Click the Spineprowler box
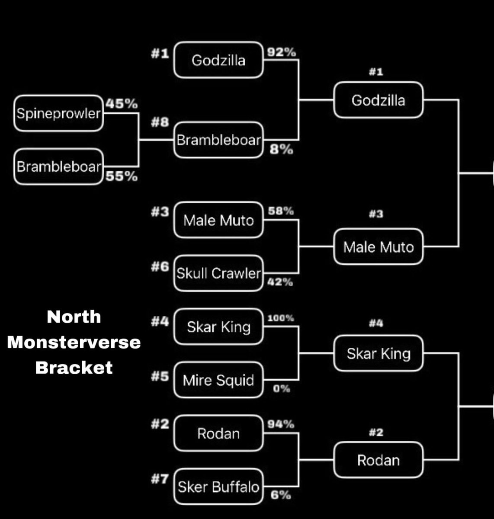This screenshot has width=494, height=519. coord(58,113)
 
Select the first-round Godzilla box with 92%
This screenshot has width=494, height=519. coord(218,60)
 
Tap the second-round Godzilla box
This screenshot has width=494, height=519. coord(379,100)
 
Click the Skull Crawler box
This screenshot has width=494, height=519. coord(218,273)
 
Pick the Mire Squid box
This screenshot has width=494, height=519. coord(218,380)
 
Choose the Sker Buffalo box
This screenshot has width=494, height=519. coord(218,487)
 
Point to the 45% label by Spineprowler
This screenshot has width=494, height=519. coord(122,104)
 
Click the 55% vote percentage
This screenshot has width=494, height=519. coord(122,176)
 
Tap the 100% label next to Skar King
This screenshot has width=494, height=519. coord(281,318)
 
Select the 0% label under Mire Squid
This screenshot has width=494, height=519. coord(282,388)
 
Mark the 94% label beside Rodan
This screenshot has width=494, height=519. coord(281,424)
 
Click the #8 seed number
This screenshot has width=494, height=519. coord(160,122)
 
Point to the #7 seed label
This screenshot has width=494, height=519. coord(160,479)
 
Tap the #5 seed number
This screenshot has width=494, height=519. coord(160,376)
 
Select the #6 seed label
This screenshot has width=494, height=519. coord(160,266)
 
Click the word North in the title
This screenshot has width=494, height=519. coord(74,317)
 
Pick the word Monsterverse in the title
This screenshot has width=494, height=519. coord(74,342)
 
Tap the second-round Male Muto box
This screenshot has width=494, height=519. coord(379,247)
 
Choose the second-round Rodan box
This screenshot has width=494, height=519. coord(379,460)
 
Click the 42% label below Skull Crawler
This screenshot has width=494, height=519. coord(280,282)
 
